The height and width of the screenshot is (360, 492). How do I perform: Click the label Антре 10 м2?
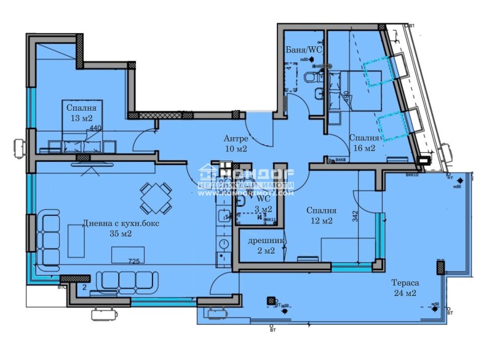point(236,144)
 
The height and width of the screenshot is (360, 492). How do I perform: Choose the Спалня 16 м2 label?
point(362,143)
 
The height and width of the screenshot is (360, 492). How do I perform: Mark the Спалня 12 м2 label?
point(320,215)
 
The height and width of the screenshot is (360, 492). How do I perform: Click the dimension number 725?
point(135,262)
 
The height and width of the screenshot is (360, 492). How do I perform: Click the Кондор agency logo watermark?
point(246,174)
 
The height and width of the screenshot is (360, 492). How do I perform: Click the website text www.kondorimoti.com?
point(246,193)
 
